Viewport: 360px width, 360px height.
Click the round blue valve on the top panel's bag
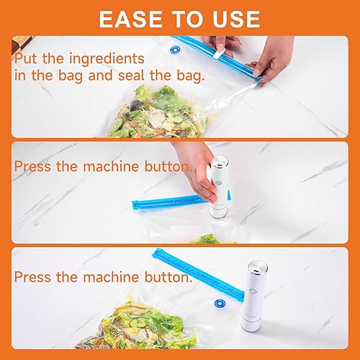pyautogui.click(x=174, y=50)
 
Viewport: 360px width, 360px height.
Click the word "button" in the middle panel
pyautogui.click(x=168, y=167)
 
